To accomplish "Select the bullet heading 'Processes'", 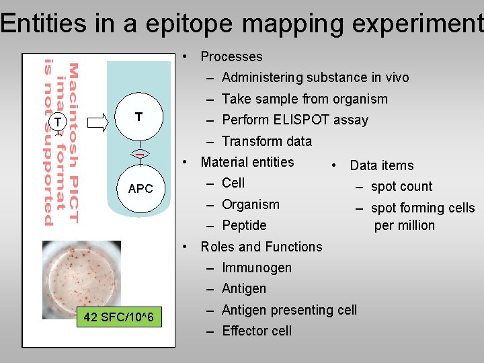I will (231, 56).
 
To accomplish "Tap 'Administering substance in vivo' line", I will (315, 77).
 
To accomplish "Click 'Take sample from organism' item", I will (305, 99).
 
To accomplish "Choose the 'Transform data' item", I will (266, 141).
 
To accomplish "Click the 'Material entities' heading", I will (247, 162).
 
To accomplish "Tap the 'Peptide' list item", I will (244, 225).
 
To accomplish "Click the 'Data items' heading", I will (381, 165).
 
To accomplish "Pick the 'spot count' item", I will (401, 187).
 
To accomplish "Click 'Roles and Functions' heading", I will (261, 247).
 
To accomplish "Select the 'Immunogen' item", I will (256, 268).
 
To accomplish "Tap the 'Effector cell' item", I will (256, 331).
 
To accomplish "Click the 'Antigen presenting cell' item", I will (289, 310).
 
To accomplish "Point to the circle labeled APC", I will (140, 188).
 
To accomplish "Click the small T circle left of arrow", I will (58, 122).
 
